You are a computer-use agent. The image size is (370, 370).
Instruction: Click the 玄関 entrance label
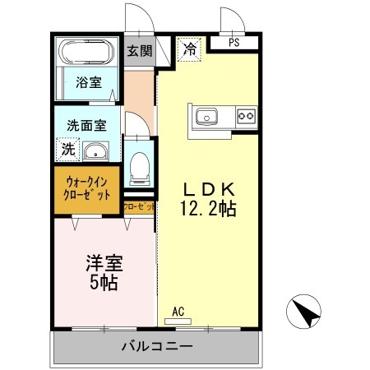[x=139, y=50]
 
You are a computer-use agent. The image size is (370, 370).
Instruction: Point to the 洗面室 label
[x=86, y=127]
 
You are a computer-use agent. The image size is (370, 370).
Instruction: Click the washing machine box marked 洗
[x=67, y=150]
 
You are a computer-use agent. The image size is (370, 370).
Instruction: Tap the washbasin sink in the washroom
[x=97, y=151]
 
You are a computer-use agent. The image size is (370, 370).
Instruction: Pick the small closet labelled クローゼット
[x=138, y=207]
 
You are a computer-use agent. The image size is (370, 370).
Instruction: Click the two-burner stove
[x=244, y=116]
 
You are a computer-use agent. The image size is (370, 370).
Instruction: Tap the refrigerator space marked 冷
[x=189, y=49]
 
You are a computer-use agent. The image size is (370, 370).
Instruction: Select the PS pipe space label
[x=234, y=43]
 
